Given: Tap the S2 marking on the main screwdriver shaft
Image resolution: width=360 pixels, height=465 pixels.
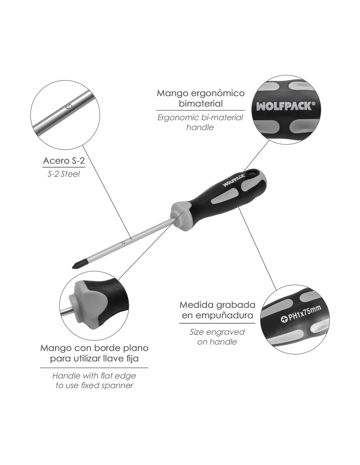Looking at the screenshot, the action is (x=123, y=242).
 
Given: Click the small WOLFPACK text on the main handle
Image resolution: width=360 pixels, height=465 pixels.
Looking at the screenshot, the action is (x=233, y=180).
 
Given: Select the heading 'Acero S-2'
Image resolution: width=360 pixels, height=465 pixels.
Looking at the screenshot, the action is (x=64, y=161).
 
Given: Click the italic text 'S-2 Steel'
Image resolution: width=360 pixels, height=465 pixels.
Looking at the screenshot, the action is (x=63, y=174).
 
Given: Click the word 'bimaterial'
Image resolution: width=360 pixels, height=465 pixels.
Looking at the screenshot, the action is (x=201, y=104).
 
